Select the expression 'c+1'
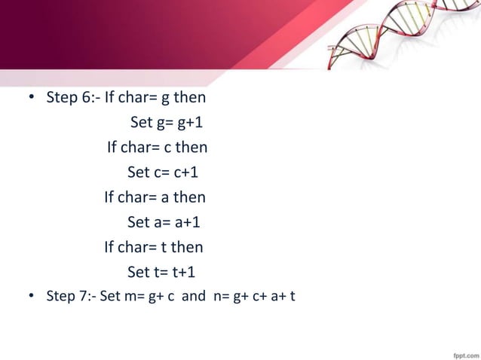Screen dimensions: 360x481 [x=185, y=172]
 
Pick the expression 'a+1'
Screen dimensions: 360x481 [x=186, y=222]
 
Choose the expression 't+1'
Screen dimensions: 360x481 [x=183, y=272]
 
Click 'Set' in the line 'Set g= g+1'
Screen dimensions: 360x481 [x=142, y=123]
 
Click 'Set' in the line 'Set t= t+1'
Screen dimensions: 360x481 [x=139, y=272]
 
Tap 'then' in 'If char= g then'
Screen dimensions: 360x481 [x=189, y=98]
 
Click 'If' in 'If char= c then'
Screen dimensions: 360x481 [x=112, y=148]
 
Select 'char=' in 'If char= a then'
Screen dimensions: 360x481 [x=136, y=197]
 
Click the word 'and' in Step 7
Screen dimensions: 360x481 [x=194, y=296]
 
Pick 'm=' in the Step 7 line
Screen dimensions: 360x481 [x=133, y=296]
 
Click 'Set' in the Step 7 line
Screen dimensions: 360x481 [x=110, y=296]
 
